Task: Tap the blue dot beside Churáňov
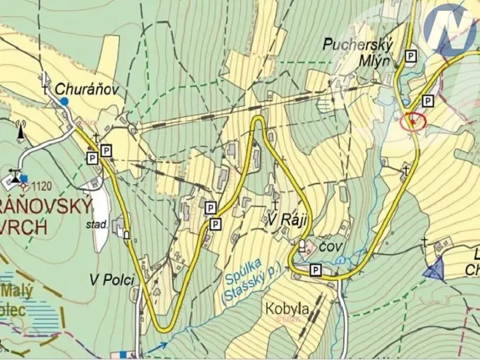coord(64,102)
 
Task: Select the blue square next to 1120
coord(24,179)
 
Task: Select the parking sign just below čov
coord(315,269)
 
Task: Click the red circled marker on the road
coord(413,121)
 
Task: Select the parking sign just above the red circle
coord(428,100)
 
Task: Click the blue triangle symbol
coord(435,268)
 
